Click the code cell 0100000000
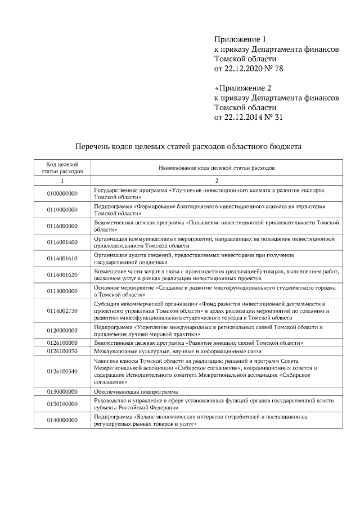point(62,194)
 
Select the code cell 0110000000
point(62,210)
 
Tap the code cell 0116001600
point(62,242)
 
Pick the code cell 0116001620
point(62,274)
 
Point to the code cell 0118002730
point(62,310)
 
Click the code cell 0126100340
point(62,371)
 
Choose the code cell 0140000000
point(62,420)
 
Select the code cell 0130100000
point(62,403)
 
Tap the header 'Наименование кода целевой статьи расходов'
point(217,168)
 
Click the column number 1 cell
point(62,181)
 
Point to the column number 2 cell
point(217,181)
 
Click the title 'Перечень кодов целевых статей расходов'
point(188,146)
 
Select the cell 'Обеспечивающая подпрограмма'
point(136,391)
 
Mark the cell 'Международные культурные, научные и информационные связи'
point(174,350)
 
